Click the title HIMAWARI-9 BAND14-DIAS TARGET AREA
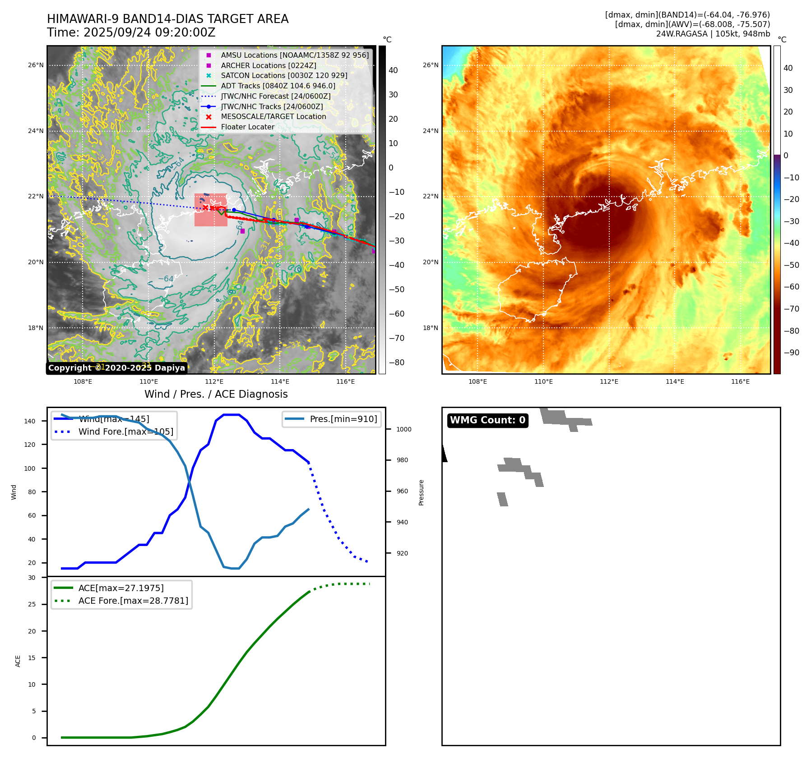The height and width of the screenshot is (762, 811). point(167,19)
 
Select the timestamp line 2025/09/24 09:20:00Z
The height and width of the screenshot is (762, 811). point(149,33)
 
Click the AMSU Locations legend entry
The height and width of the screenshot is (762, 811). point(294,55)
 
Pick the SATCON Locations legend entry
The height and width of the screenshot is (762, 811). point(284,75)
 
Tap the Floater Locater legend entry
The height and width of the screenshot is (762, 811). point(247,127)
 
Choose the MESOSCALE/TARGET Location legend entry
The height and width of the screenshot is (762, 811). point(273,116)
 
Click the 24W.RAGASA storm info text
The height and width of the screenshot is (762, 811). point(713,34)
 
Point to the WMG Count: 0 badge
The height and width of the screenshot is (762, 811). point(487,420)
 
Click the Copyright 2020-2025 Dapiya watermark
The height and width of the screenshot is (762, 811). point(116,368)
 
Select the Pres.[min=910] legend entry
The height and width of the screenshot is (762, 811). point(343,419)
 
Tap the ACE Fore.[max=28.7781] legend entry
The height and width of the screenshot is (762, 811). point(133,601)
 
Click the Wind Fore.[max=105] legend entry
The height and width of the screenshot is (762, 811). point(125,431)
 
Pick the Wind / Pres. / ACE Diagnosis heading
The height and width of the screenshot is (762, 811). point(216,394)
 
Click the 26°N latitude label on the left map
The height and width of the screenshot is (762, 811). point(36,65)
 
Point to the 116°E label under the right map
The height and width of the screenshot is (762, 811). point(740,382)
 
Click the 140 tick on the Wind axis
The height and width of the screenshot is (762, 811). point(30,421)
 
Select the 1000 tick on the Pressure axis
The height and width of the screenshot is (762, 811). point(403,429)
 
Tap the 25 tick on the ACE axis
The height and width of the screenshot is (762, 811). point(32,604)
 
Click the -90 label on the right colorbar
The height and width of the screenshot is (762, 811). point(791,353)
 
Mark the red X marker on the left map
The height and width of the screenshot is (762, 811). point(205,207)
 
